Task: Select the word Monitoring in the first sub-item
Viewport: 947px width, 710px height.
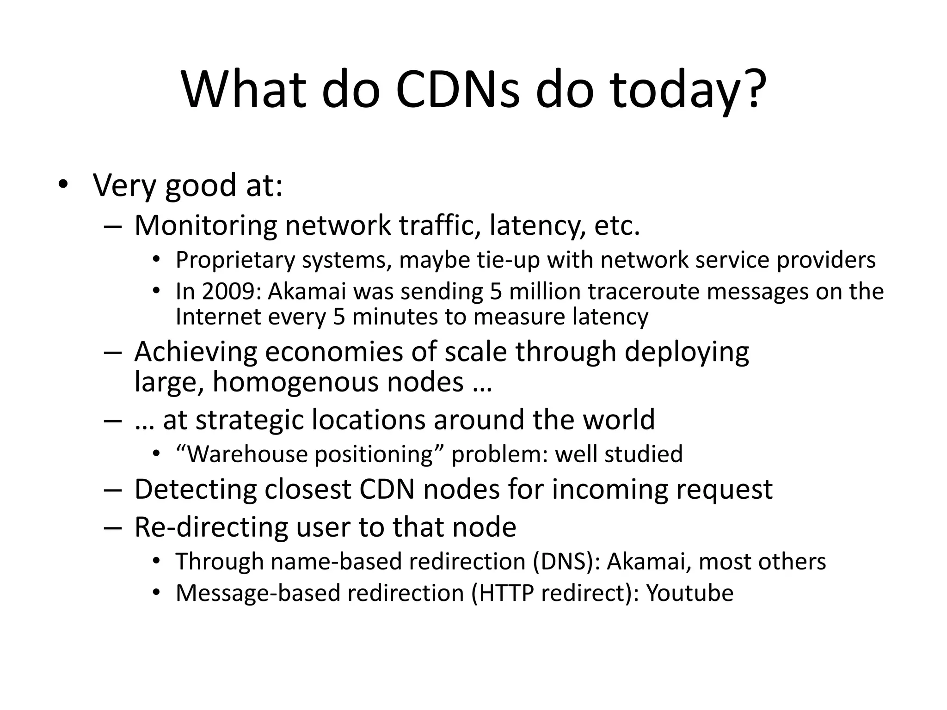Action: coord(205,226)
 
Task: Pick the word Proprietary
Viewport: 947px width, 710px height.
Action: coord(235,260)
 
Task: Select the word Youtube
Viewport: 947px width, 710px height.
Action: coord(689,593)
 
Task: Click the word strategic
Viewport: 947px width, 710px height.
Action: coord(249,420)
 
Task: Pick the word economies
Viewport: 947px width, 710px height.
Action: coord(333,352)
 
